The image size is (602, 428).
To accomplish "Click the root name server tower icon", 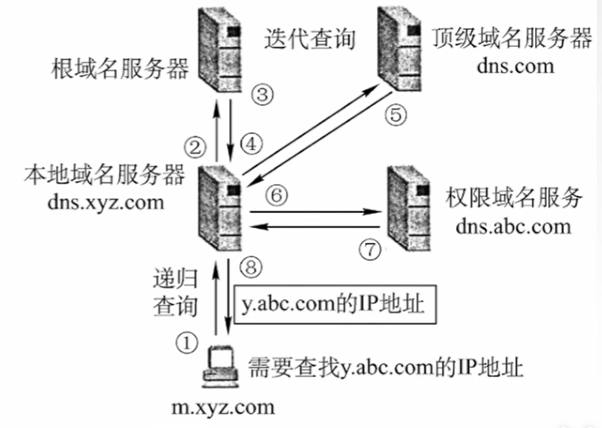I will tap(219, 49).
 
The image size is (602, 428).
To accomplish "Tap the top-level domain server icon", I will tap(398, 50).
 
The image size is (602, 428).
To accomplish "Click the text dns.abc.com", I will tap(514, 225).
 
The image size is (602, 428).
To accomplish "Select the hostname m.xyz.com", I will tap(223, 408).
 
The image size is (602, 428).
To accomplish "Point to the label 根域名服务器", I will tap(121, 68).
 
